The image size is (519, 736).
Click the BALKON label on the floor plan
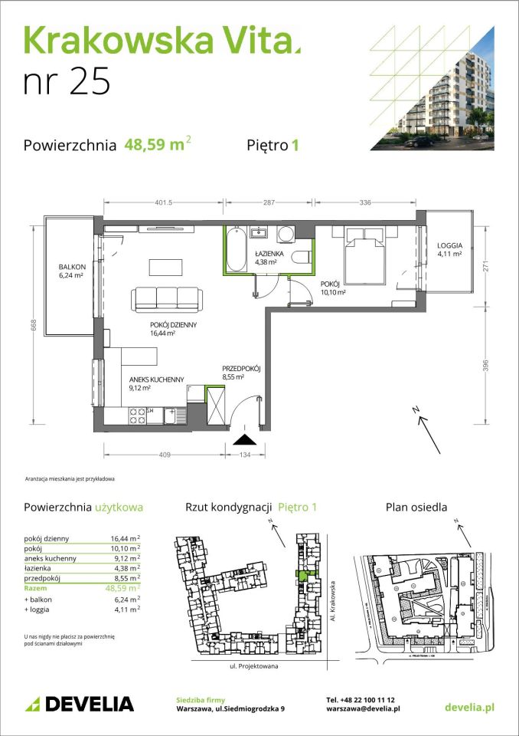click(71, 268)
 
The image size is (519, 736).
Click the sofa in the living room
click(165, 298)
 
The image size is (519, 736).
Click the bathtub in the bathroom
click(237, 248)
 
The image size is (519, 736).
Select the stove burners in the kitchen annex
click(138, 416)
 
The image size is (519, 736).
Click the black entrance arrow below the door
click(244, 439)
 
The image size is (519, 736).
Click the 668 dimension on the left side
click(34, 324)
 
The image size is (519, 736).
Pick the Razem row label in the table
click(36, 589)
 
